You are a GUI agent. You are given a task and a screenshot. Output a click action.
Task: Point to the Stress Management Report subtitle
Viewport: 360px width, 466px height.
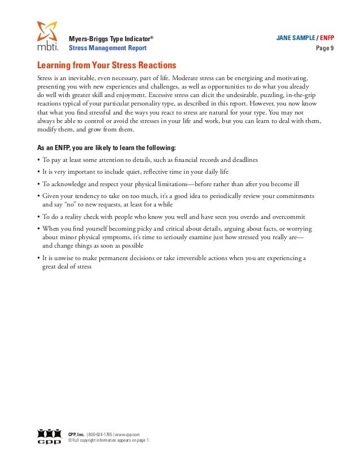(x=107, y=49)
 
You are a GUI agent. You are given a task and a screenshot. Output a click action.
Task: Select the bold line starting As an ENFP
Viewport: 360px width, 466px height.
(x=106, y=148)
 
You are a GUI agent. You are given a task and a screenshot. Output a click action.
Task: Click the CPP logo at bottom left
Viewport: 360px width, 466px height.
(x=49, y=436)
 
